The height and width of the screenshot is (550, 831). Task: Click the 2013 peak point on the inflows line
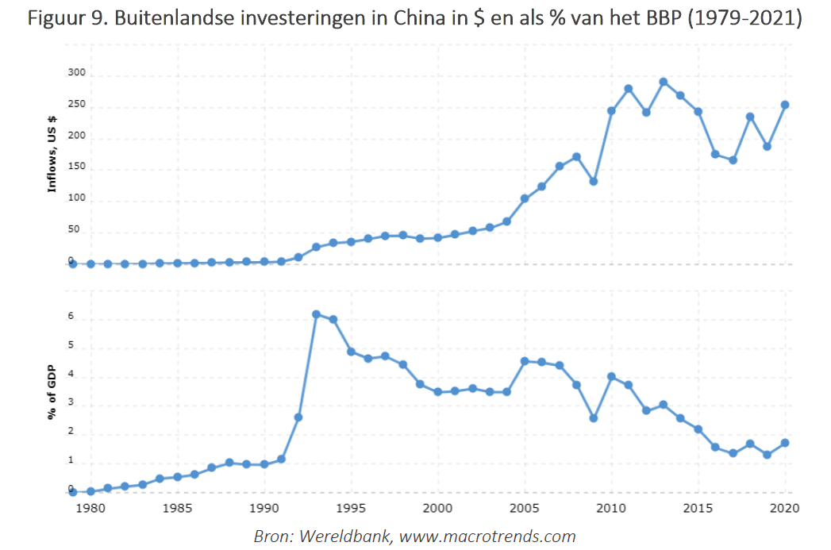663,82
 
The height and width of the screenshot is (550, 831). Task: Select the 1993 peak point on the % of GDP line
316,314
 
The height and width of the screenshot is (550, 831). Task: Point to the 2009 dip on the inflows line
594,182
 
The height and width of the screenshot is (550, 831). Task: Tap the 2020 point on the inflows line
784,105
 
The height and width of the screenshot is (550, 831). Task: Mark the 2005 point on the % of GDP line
524,361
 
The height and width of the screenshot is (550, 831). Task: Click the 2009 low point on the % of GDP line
594,417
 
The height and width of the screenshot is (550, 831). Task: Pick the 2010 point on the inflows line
611,110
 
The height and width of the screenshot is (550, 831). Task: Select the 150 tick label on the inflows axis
75,168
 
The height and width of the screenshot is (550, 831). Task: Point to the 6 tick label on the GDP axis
71,317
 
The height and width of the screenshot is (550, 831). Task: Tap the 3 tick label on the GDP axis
71,403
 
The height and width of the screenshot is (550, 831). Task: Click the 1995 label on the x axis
351,508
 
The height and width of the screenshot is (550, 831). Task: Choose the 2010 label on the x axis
611,508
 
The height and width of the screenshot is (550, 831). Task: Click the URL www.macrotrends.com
487,537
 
